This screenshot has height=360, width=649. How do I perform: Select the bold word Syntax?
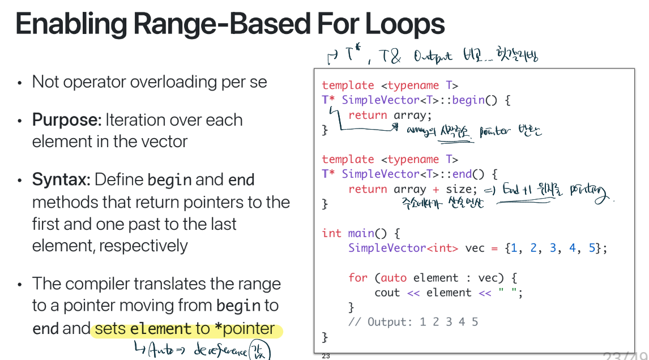pos(61,180)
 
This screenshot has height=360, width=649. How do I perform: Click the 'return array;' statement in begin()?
pos(390,115)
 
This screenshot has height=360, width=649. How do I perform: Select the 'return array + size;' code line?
pos(413,189)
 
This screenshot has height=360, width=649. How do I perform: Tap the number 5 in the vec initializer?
pos(592,248)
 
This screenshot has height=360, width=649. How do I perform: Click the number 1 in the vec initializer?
pos(513,248)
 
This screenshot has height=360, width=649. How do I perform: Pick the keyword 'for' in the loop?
pos(358,277)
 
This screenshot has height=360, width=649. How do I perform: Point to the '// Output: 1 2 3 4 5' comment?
pos(413,322)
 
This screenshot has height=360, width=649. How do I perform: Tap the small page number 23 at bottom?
pos(326,356)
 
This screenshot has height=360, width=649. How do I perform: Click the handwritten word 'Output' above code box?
pos(433,57)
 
